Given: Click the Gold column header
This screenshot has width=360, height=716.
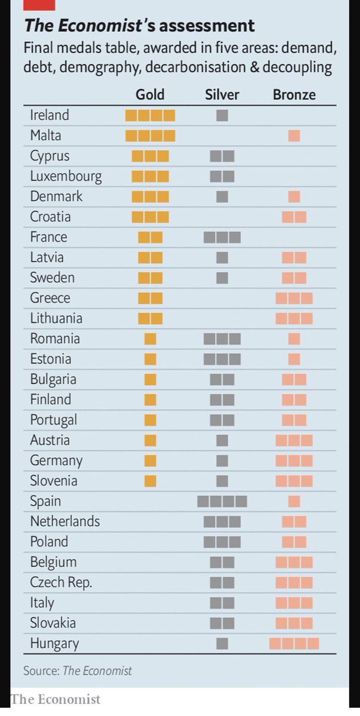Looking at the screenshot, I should [x=150, y=94].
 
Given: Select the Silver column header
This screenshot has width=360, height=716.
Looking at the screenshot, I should [x=222, y=94].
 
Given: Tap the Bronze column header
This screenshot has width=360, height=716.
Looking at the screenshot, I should [x=294, y=94].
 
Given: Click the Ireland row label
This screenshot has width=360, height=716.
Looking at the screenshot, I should [x=50, y=115].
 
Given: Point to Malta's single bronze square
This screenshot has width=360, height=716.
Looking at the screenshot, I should [x=294, y=135].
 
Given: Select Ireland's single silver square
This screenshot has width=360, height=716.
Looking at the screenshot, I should [x=222, y=116].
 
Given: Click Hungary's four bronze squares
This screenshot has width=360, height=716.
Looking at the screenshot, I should [x=294, y=643].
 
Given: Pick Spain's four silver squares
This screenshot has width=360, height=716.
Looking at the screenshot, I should [x=222, y=501].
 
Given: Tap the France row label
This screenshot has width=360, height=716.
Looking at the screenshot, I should [x=48, y=237].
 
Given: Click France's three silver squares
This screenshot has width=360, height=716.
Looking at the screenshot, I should [x=222, y=237].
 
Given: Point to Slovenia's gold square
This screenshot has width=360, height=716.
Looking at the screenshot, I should [x=150, y=481].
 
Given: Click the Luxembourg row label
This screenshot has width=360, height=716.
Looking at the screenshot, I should [x=66, y=176].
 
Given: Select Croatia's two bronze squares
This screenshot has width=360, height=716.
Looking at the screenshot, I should [x=294, y=217].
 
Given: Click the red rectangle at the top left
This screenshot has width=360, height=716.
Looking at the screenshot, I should [x=39, y=5].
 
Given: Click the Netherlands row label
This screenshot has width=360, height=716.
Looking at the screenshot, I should [x=65, y=521].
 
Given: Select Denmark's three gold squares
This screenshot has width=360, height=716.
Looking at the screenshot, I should [x=150, y=197].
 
